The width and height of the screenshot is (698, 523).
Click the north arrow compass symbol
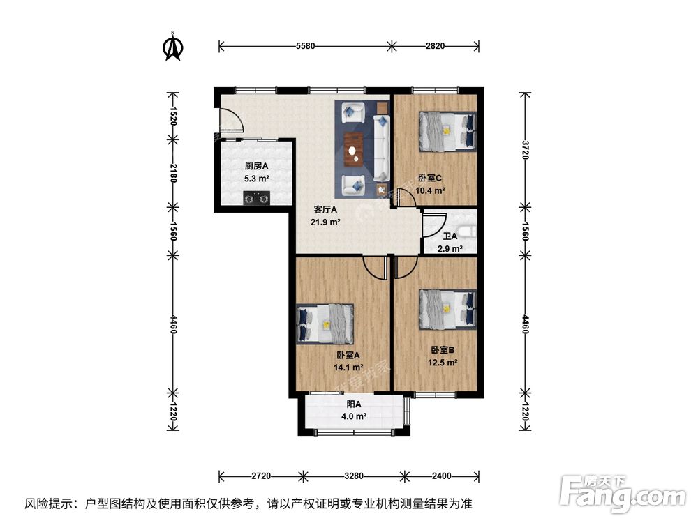(172, 46)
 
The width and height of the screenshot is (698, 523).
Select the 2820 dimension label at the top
(434, 47)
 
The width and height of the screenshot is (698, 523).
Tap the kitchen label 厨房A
(256, 166)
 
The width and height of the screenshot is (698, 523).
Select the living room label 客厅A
(325, 209)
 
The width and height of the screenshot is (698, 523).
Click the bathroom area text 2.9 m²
(450, 248)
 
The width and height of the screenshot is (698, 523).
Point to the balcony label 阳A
(354, 404)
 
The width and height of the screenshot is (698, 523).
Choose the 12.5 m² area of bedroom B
(443, 362)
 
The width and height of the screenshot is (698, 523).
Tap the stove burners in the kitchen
(256, 199)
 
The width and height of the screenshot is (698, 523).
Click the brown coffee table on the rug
(355, 146)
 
